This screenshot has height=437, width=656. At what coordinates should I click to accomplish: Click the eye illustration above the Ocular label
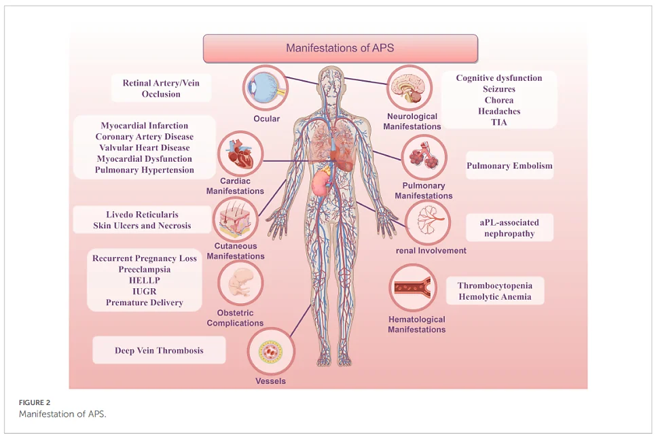coord(266,88)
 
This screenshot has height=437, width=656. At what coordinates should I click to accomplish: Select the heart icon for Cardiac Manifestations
coord(240,153)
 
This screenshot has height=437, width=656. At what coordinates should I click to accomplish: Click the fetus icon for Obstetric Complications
coord(240,283)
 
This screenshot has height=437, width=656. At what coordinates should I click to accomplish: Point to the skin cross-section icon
coord(236,220)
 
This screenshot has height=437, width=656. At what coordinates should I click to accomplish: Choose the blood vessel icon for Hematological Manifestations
coord(413,287)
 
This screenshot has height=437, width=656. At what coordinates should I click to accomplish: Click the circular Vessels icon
coord(271,351)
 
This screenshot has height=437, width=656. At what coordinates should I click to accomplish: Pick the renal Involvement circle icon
coord(428,222)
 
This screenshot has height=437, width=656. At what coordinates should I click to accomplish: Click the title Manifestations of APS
coord(340,48)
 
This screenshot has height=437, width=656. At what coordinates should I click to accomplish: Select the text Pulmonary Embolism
coord(509,166)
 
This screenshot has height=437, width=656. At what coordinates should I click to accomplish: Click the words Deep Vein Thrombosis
coord(159,351)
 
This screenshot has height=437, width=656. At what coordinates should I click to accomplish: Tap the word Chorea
coord(499,100)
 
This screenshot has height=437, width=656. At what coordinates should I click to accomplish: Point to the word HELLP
coord(145,281)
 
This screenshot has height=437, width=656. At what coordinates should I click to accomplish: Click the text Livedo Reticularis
coord(142,215)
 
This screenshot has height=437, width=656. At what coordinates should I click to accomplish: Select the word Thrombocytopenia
coord(495,286)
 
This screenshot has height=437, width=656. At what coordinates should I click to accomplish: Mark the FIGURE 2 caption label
coord(35,402)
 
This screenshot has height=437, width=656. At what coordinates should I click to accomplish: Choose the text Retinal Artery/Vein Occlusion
coord(161,88)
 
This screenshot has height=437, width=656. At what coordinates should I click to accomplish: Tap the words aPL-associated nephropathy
coord(509,228)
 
